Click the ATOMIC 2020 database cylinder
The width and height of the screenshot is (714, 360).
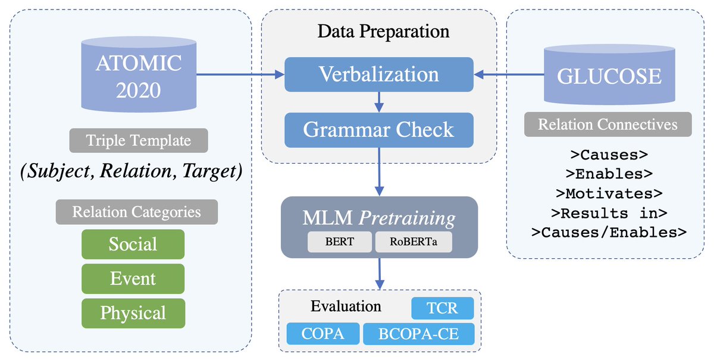[138, 74]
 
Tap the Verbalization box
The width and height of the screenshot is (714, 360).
[379, 74]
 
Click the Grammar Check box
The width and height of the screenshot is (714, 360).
[379, 130]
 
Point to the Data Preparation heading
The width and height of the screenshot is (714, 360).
[383, 31]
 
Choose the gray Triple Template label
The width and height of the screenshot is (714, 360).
[139, 141]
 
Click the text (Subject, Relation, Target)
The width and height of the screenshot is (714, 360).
[130, 171]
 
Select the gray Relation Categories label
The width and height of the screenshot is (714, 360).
[137, 212]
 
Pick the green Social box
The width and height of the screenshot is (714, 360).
[133, 244]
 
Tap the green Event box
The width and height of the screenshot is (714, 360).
[133, 278]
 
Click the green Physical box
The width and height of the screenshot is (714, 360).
[133, 313]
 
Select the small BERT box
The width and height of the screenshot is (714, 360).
[340, 242]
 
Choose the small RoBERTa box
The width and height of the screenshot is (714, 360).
[412, 242]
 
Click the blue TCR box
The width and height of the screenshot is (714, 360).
[443, 309]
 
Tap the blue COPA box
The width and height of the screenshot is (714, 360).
[323, 334]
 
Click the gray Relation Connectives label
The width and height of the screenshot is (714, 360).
[607, 124]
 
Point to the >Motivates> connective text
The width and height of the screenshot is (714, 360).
[607, 193]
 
